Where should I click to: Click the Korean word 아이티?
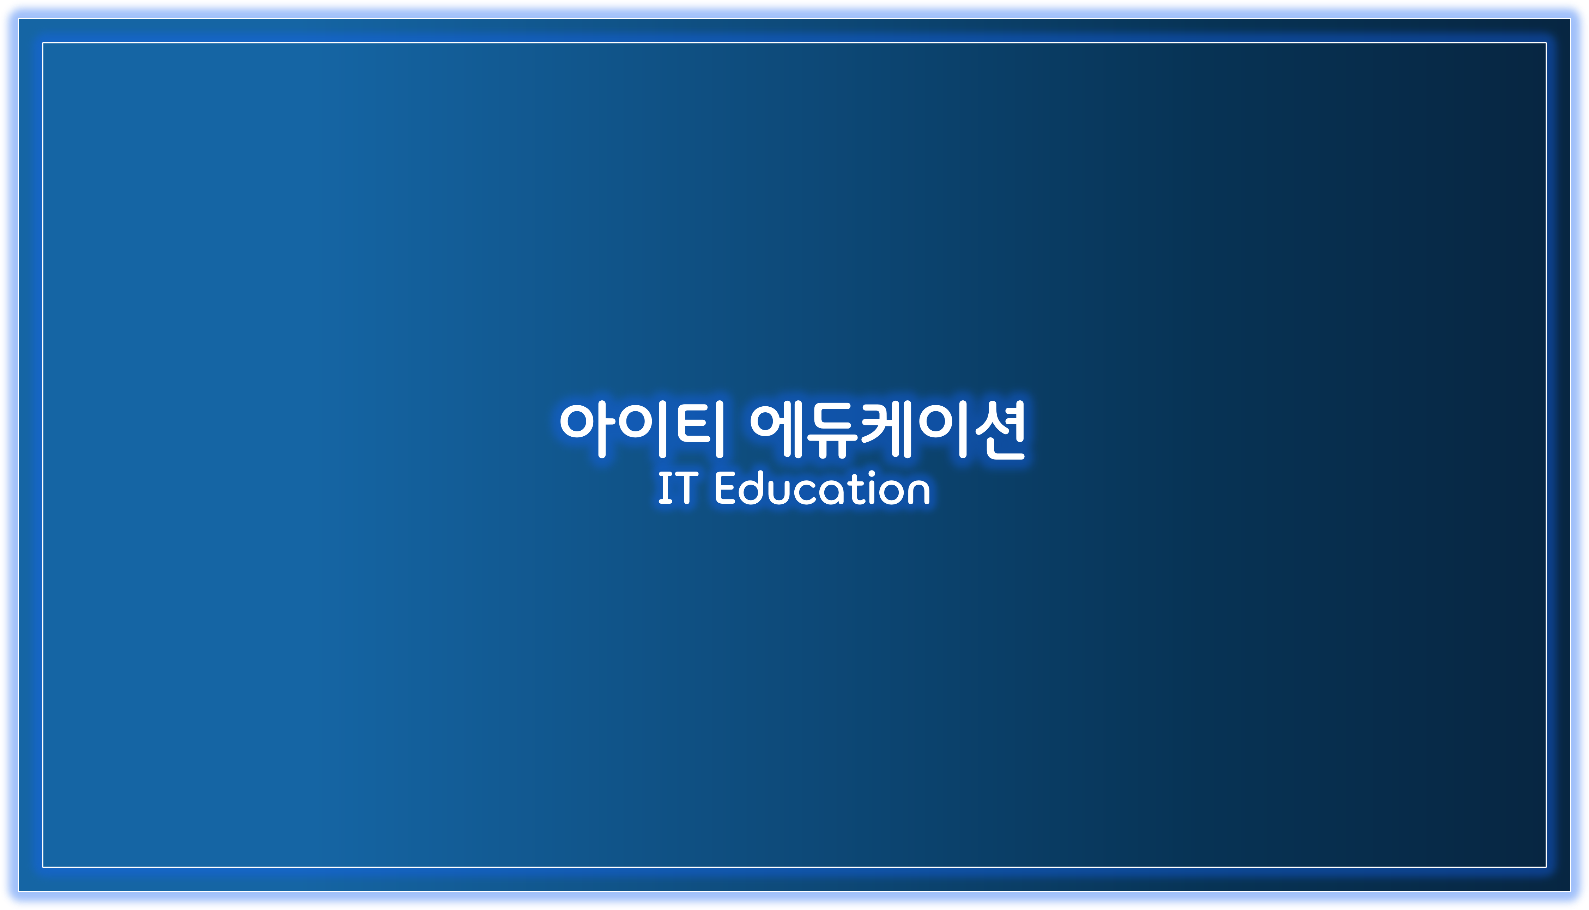pyautogui.click(x=642, y=429)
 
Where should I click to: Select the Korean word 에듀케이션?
pyautogui.click(x=887, y=429)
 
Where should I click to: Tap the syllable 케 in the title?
pyautogui.click(x=886, y=429)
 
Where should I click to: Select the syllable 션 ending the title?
pyautogui.click(x=1000, y=430)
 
